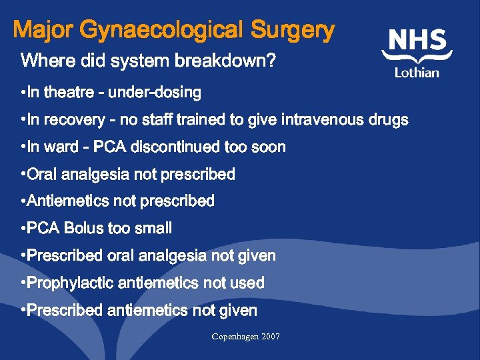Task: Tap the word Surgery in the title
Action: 293,31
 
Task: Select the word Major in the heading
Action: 43,31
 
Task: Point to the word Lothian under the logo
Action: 417,73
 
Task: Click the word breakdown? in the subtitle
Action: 225,62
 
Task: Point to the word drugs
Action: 389,120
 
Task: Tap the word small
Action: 153,229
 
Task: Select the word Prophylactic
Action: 70,283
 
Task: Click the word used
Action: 248,283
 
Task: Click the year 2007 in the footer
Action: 271,337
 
